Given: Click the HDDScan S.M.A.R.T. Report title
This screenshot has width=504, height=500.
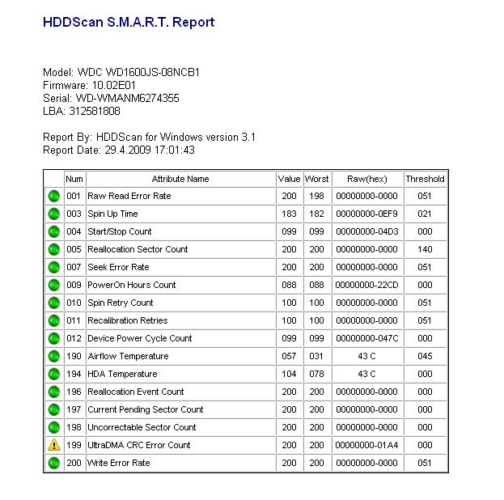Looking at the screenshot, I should pos(128,23).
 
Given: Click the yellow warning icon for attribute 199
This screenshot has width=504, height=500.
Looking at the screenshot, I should pos(54,445).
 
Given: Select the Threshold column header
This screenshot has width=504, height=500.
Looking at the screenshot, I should pos(425,179).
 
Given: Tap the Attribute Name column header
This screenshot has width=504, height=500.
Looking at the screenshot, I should pos(180,179).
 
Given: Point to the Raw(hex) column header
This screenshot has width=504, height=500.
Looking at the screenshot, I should pos(367,179).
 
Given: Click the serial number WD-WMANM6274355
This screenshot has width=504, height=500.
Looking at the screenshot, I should pos(111,98).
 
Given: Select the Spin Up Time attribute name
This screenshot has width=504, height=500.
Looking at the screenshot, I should pos(112,214).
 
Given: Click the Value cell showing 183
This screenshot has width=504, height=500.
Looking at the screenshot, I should pos(289,214).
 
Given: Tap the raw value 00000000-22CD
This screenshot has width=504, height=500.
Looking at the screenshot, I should pos(367,285).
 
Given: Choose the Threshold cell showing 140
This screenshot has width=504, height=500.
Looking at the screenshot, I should pos(425,249).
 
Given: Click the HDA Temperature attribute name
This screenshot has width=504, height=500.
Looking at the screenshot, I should pos(122,374).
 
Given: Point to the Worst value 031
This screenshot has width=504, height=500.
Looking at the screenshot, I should pos(316,356).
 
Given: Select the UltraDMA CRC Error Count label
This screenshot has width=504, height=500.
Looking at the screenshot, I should pos(139,445).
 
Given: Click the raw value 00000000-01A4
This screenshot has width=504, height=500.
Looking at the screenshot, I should pos(367,445).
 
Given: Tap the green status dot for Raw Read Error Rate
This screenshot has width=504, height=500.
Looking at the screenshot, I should pos(54,196).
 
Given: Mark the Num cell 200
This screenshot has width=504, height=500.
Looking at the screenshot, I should pos(74,463).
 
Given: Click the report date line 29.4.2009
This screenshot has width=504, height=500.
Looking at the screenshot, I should pos(118,150).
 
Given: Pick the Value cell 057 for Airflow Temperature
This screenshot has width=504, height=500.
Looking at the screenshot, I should pos(289,356).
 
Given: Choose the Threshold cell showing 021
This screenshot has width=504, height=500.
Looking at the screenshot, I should pos(425,214).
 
